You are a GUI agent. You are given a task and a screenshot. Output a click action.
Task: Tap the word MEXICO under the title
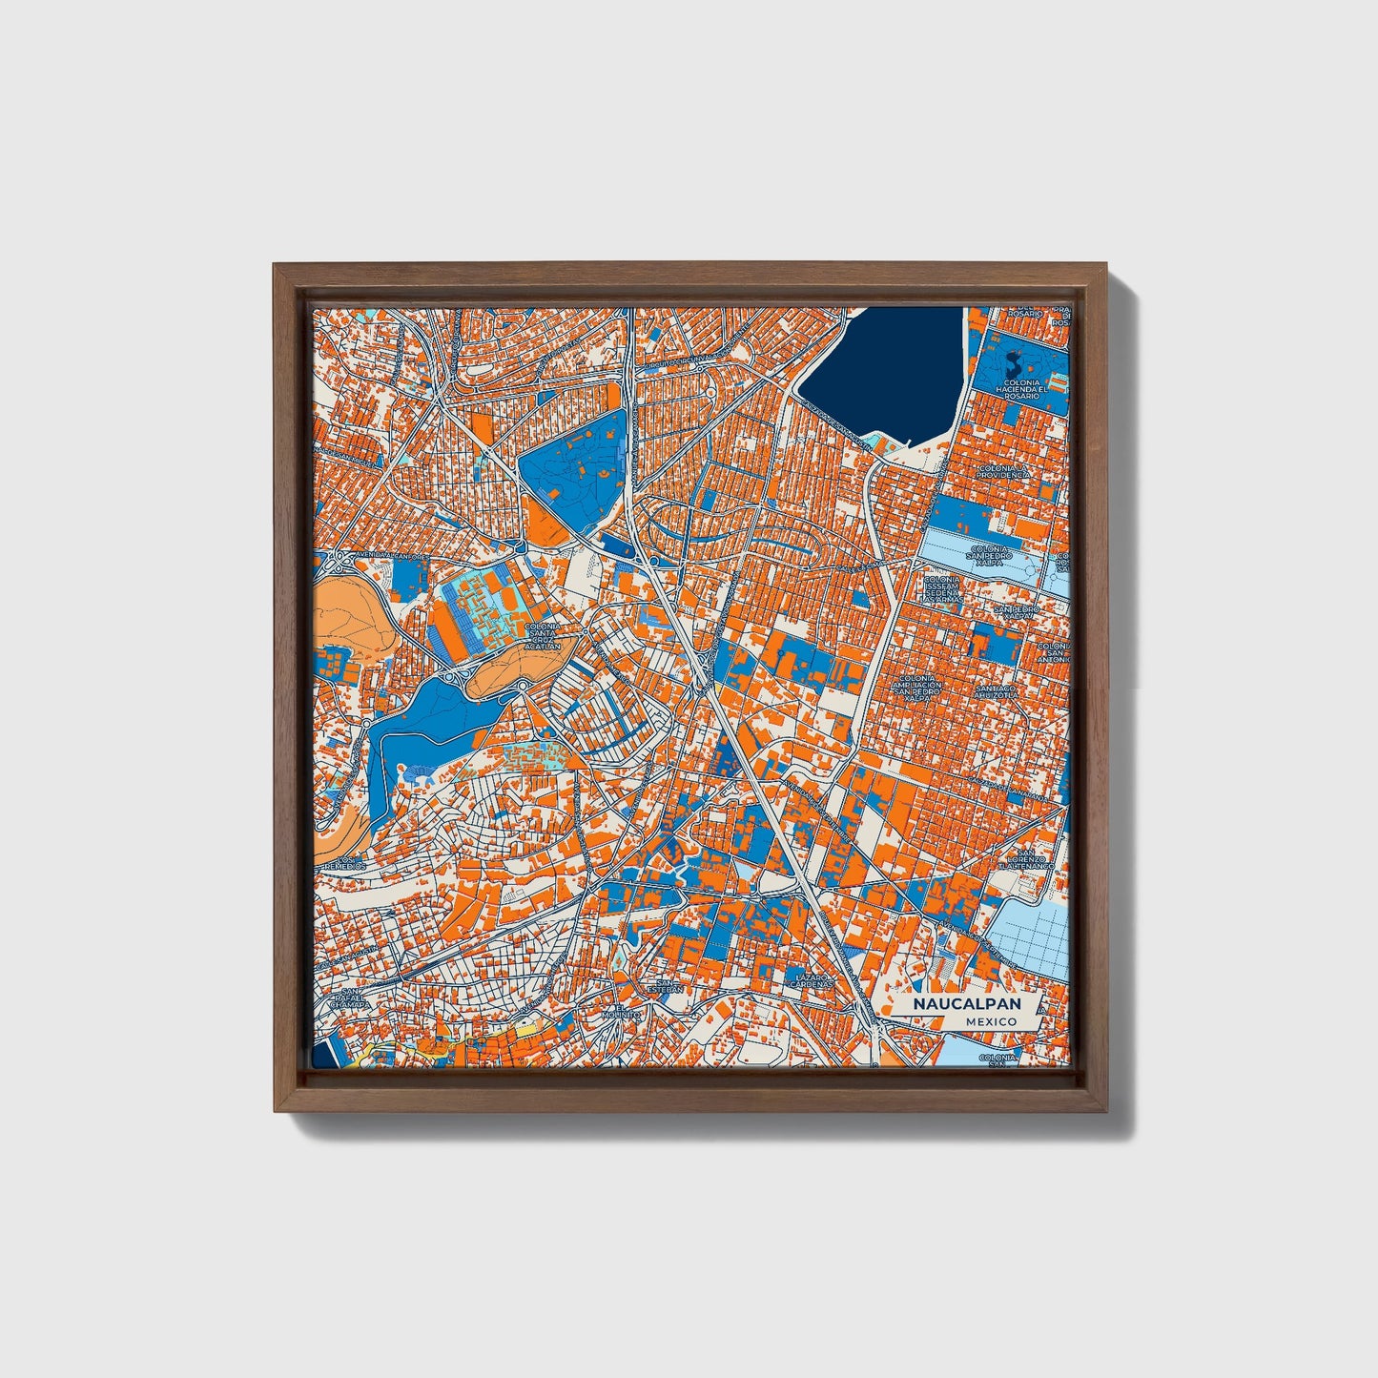coord(990,1021)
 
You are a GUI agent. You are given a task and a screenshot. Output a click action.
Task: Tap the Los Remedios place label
coord(347,862)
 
